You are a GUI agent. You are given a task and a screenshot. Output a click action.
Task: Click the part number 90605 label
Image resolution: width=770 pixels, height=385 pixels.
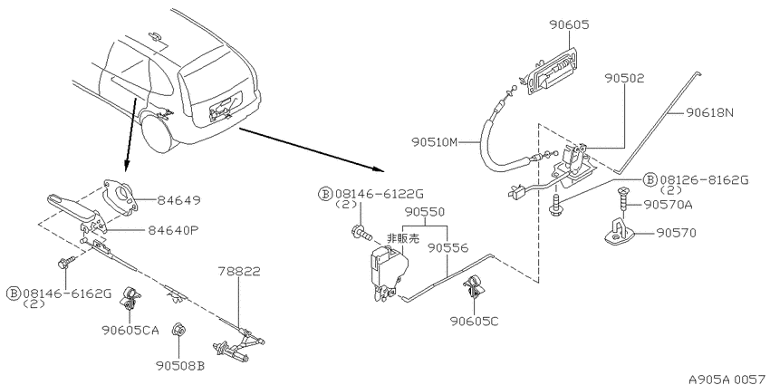569,24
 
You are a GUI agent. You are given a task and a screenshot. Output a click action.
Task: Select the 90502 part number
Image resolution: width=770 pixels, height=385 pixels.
624,78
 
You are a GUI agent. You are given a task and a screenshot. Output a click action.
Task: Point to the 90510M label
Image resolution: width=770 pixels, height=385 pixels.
435,142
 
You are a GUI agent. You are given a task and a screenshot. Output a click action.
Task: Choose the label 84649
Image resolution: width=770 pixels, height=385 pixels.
178,200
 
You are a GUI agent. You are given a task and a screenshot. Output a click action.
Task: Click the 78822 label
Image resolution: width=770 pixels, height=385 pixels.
239,271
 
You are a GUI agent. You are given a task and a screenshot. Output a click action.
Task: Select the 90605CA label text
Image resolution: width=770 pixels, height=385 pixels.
130,331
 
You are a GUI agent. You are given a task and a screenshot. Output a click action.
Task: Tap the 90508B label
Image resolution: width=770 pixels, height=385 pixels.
180,366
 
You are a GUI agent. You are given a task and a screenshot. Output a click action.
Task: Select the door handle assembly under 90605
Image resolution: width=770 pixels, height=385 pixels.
551,73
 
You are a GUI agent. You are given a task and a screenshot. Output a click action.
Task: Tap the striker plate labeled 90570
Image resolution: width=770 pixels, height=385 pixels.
623,232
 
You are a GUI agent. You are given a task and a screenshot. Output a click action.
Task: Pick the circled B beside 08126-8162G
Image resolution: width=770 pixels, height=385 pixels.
650,180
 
